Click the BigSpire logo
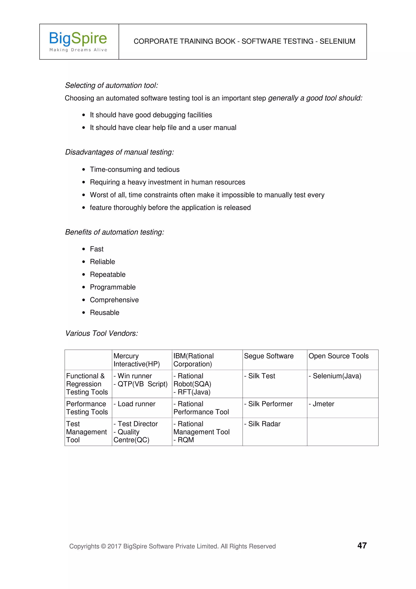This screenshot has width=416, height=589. tap(78, 41)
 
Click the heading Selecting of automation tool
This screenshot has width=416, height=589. tap(112, 85)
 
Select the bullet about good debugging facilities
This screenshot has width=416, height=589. tap(151, 115)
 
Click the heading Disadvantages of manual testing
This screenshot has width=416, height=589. tap(119, 152)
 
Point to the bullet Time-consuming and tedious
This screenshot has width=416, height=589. tap(134, 170)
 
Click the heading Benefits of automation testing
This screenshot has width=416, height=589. tap(115, 232)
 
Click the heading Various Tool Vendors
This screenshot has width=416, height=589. tap(102, 333)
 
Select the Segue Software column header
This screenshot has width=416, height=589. tap(269, 356)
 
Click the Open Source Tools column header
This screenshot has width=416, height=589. tap(338, 356)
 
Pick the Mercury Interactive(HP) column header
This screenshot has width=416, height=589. tap(137, 360)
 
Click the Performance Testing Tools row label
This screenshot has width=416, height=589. tap(87, 408)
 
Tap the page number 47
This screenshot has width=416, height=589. tap(362, 545)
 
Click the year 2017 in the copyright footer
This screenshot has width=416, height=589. tap(114, 546)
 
